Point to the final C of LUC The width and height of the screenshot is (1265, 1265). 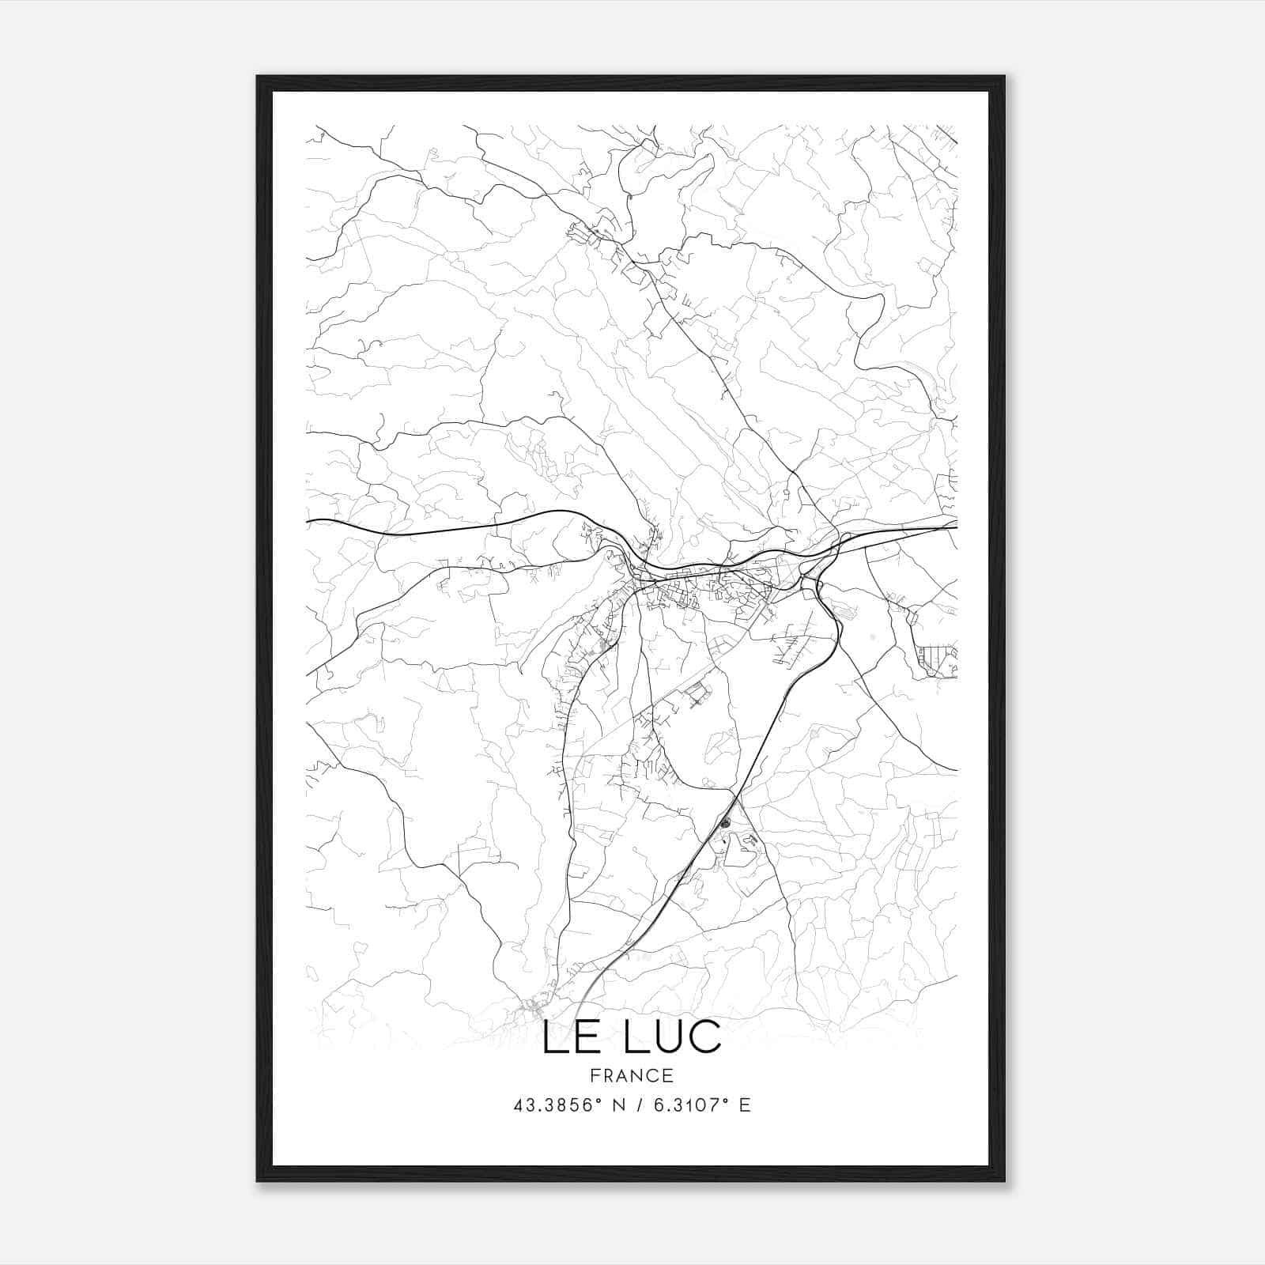click(x=707, y=1037)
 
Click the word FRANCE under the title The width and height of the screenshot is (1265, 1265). click(x=632, y=1075)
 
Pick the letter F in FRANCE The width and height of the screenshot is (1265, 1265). click(x=595, y=1075)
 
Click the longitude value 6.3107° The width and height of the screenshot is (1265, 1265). click(x=685, y=1105)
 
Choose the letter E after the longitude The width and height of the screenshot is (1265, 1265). click(x=744, y=1105)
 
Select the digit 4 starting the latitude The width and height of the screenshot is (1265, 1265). click(x=519, y=1105)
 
